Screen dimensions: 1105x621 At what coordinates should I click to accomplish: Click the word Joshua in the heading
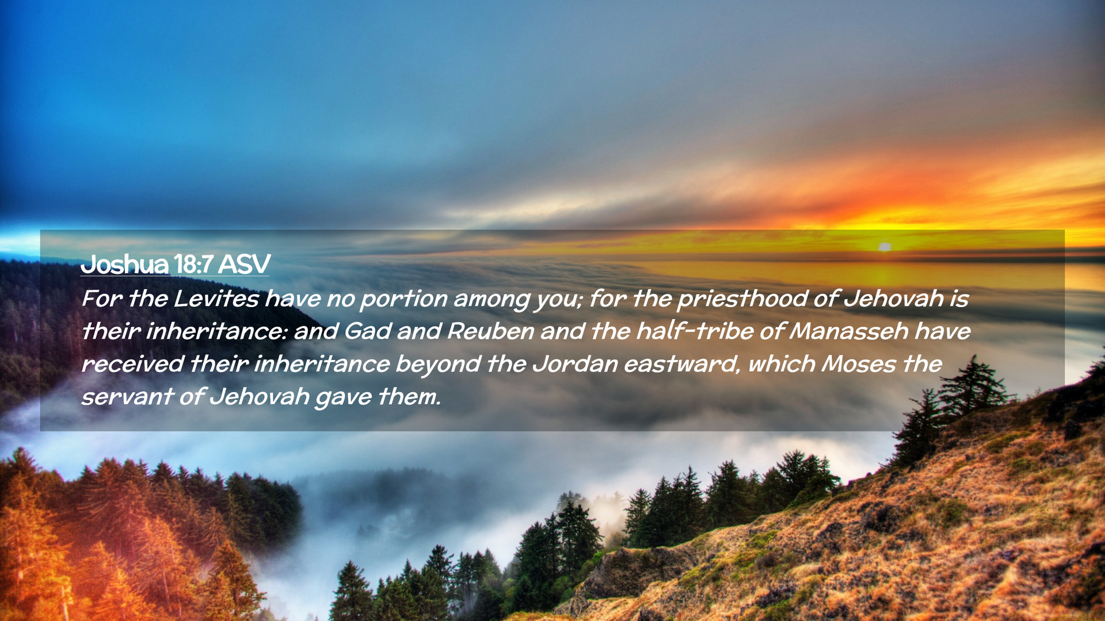point(125,264)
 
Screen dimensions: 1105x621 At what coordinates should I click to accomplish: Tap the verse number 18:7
point(193,264)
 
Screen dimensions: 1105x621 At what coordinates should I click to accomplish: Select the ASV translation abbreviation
point(244,264)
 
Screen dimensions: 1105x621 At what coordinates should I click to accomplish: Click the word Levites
point(216,298)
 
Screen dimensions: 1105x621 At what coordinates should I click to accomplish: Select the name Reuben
point(491,331)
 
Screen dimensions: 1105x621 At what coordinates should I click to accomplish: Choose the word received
point(132,364)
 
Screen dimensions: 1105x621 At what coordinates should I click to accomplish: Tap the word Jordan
point(575,364)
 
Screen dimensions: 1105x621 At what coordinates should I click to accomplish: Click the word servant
point(127,397)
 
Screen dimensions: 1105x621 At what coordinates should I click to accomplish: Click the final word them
point(409,397)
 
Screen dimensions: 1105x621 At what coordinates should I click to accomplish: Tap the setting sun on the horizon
point(885,247)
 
